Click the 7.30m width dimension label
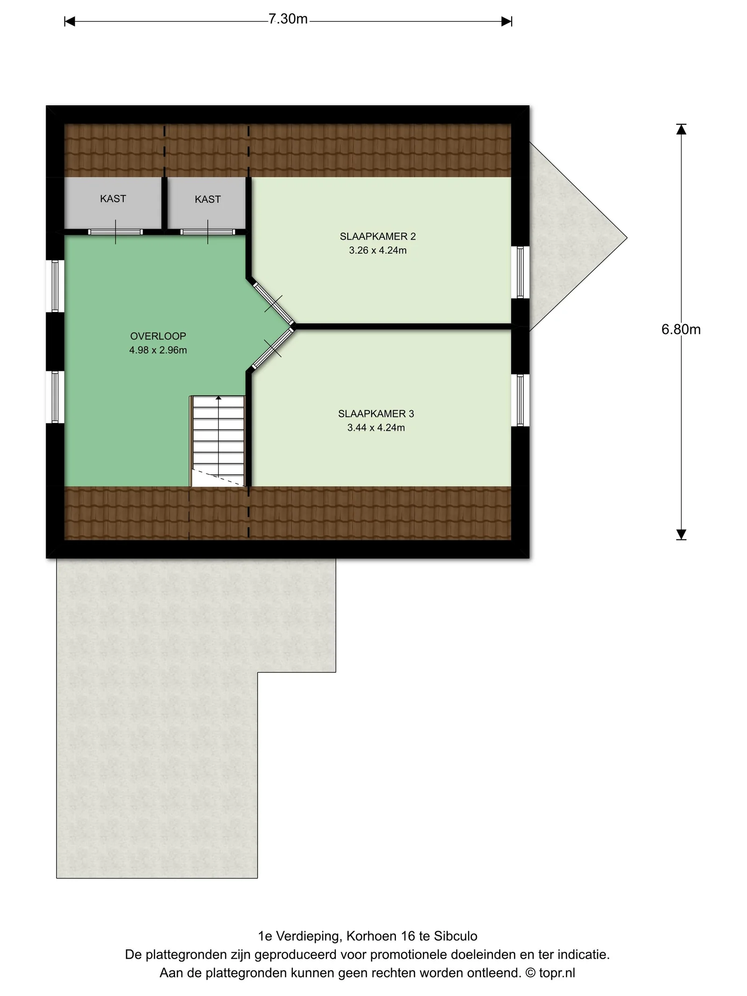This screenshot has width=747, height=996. pyautogui.click(x=288, y=19)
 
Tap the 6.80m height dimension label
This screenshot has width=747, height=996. pyautogui.click(x=681, y=330)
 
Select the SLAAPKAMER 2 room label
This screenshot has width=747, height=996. pyautogui.click(x=378, y=237)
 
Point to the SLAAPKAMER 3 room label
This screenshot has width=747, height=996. pyautogui.click(x=376, y=414)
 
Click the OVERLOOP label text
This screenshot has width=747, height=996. pyautogui.click(x=158, y=336)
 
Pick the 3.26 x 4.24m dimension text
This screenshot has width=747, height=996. pyautogui.click(x=378, y=250)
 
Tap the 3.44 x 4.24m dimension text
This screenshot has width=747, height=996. pyautogui.click(x=376, y=428)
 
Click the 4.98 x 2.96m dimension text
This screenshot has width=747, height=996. pyautogui.click(x=158, y=350)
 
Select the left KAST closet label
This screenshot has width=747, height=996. pyautogui.click(x=113, y=199)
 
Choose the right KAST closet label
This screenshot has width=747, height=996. pyautogui.click(x=208, y=199)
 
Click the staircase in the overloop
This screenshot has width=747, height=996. pyautogui.click(x=218, y=441)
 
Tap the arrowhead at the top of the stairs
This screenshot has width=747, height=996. pyautogui.click(x=218, y=398)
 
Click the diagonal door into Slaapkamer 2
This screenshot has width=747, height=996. pyautogui.click(x=273, y=302)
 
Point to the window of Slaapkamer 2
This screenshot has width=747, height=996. pyautogui.click(x=520, y=272)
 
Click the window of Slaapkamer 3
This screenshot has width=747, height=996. pyautogui.click(x=520, y=400)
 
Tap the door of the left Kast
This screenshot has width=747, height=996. pyautogui.click(x=115, y=232)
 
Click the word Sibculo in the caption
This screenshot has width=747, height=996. pyautogui.click(x=456, y=936)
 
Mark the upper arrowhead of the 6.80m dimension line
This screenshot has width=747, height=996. pyautogui.click(x=681, y=129)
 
